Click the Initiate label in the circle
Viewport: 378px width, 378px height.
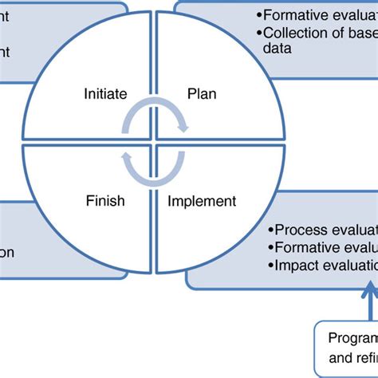tap(105, 94)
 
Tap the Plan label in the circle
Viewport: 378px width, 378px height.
tap(201, 94)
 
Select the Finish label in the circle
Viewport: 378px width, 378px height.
tap(105, 200)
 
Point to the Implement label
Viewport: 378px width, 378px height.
tap(202, 200)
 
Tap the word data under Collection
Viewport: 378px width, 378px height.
tap(277, 48)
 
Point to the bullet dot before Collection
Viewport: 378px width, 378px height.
tap(261, 33)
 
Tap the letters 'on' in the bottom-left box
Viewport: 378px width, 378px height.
tap(7, 253)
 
